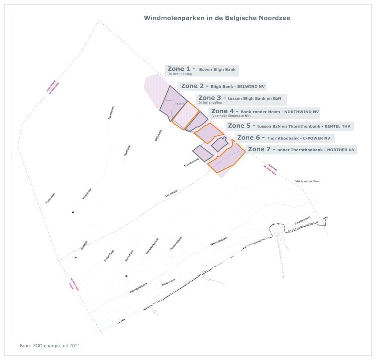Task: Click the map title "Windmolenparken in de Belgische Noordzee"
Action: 217,18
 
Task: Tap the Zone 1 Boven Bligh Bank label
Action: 202,71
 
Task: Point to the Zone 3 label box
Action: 241,99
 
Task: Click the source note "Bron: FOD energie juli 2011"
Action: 50,346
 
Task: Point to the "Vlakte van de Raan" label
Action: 307,181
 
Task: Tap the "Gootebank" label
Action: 171,194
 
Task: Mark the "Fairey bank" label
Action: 50,198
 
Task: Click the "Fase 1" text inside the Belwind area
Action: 170,100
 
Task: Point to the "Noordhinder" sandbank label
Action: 111,112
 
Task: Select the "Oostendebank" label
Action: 176,244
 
